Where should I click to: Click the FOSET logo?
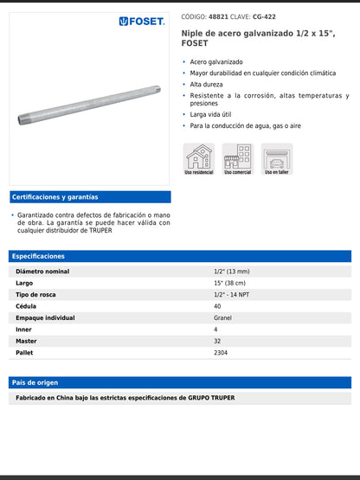(x=142, y=21)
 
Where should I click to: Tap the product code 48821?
(x=219, y=16)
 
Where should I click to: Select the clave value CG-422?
(x=265, y=16)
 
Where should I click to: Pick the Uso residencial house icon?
(x=199, y=157)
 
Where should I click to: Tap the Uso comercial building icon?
(x=237, y=157)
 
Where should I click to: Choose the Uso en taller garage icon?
(x=277, y=157)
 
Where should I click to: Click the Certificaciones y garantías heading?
(x=55, y=197)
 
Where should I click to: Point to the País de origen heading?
(x=35, y=382)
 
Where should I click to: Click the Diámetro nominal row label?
(x=44, y=271)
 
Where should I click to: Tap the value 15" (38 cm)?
(x=229, y=283)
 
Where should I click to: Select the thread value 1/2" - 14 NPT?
(x=233, y=295)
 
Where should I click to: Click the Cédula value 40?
(x=217, y=306)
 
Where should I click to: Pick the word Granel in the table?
(x=222, y=317)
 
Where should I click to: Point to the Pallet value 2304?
(x=221, y=353)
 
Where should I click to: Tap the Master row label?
(x=26, y=341)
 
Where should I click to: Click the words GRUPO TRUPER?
(x=211, y=398)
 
